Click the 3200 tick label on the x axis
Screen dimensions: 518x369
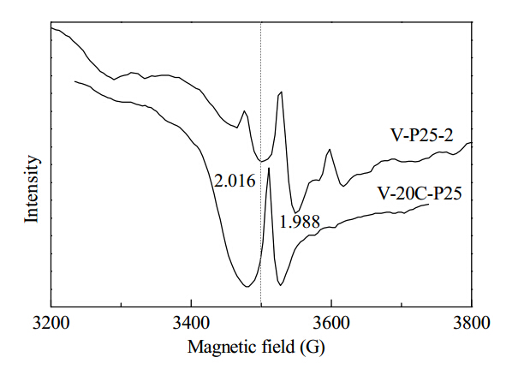(x=51, y=323)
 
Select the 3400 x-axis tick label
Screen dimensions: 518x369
(x=191, y=323)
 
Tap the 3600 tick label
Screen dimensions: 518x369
(x=331, y=323)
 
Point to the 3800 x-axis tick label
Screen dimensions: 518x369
(x=472, y=323)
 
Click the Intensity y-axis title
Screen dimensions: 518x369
(x=32, y=189)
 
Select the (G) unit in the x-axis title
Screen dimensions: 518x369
(x=313, y=348)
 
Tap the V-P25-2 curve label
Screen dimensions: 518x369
(x=422, y=135)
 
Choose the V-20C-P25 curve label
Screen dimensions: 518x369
(x=420, y=193)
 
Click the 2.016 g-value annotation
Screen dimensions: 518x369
(x=235, y=181)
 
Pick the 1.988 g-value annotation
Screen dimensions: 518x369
(x=300, y=222)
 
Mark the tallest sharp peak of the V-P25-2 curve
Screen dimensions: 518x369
(x=281, y=92)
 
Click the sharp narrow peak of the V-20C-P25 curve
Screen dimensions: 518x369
(x=269, y=168)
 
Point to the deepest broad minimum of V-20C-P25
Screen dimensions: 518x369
(x=247, y=286)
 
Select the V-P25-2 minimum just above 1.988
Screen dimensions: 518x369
(x=296, y=212)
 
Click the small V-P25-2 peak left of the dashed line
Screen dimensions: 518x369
(x=244, y=111)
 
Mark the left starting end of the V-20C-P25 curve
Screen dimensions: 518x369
(x=75, y=81)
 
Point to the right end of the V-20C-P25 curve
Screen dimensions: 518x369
(x=429, y=205)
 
